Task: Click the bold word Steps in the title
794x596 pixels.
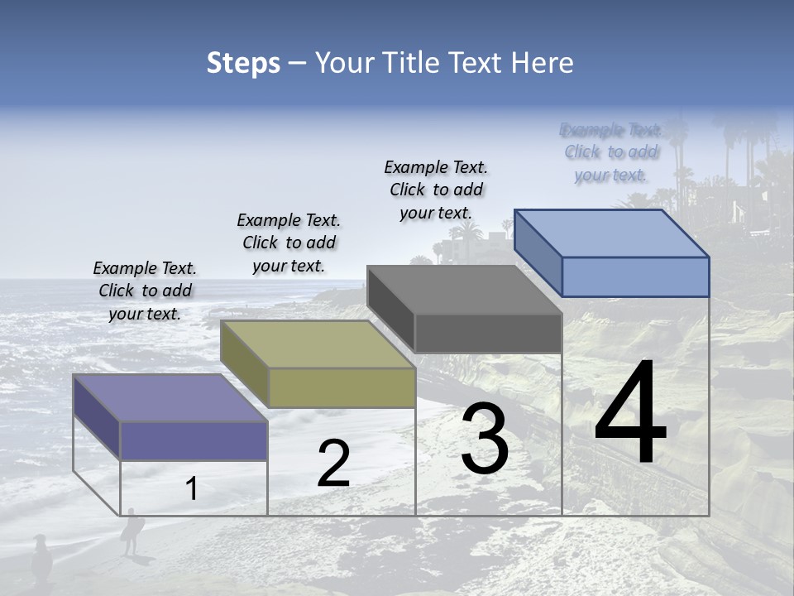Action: (x=243, y=63)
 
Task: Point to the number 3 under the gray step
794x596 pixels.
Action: (x=485, y=439)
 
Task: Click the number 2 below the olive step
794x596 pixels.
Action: (x=333, y=464)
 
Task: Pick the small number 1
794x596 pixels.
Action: (x=191, y=488)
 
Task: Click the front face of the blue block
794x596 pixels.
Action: (x=635, y=276)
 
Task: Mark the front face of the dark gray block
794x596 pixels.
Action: (x=488, y=333)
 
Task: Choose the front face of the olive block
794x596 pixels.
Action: (x=342, y=387)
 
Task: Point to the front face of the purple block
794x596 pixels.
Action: (x=194, y=441)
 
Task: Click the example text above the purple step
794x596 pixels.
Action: (x=145, y=291)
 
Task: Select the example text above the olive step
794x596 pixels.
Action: (x=289, y=243)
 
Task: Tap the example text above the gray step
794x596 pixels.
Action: (x=436, y=190)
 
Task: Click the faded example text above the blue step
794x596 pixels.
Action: (x=610, y=151)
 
